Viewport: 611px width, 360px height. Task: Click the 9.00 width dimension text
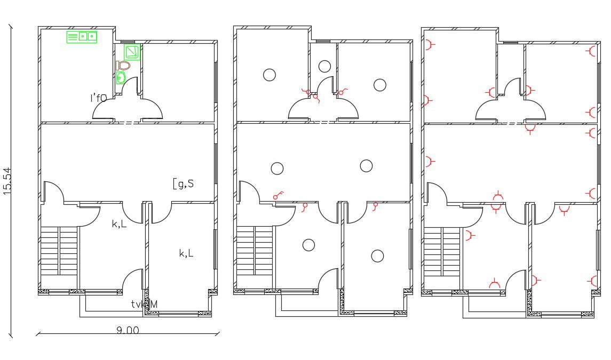(x=128, y=330)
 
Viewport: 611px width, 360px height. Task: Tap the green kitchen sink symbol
(x=82, y=37)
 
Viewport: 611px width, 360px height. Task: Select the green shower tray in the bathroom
(x=132, y=52)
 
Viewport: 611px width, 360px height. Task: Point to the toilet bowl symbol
(x=123, y=66)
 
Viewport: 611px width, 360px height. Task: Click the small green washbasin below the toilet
(x=121, y=78)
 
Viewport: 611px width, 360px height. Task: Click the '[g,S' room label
(x=183, y=184)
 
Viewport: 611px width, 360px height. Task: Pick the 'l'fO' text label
(x=98, y=98)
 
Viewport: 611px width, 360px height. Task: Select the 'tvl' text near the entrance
(x=138, y=304)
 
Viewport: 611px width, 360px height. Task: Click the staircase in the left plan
(x=59, y=251)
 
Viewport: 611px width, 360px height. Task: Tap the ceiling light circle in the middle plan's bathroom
(x=324, y=67)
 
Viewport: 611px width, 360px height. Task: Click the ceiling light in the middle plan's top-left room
(x=269, y=75)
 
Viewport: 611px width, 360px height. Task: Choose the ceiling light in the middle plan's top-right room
(x=380, y=85)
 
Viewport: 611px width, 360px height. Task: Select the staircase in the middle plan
(x=255, y=251)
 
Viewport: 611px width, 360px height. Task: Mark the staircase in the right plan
(x=442, y=251)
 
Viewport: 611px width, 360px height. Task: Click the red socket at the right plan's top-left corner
(x=429, y=46)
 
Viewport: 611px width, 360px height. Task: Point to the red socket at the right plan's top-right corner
(x=591, y=51)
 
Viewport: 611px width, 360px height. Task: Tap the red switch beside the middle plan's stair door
(x=277, y=195)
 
